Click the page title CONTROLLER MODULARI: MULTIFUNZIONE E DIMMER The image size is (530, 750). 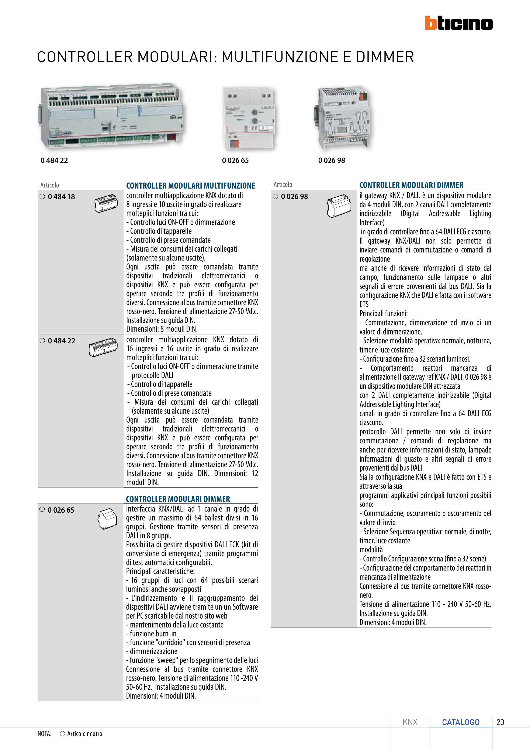pyautogui.click(x=225, y=57)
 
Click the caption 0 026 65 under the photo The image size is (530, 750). pyautogui.click(x=235, y=160)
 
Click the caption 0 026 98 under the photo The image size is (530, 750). pyautogui.click(x=332, y=160)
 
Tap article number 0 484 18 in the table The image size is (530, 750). pyautogui.click(x=61, y=197)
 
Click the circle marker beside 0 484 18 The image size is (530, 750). pyautogui.click(x=42, y=197)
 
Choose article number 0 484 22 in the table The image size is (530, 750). pyautogui.click(x=61, y=341)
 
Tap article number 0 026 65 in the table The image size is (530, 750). pyautogui.click(x=61, y=510)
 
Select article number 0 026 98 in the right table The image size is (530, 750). pyautogui.click(x=295, y=196)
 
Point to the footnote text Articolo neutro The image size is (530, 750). pyautogui.click(x=84, y=734)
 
